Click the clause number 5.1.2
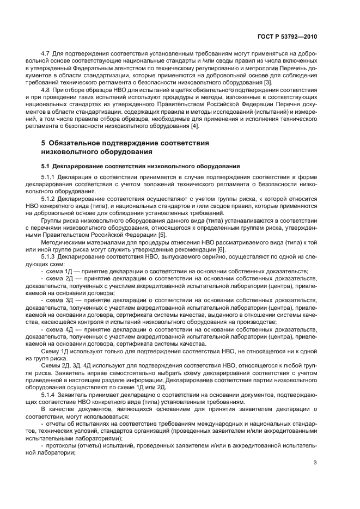[48, 199]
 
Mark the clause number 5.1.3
[48, 255]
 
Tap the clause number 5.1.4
[48, 394]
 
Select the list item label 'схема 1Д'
[59, 271]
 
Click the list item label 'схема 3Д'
[59, 301]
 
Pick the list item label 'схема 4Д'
[59, 330]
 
